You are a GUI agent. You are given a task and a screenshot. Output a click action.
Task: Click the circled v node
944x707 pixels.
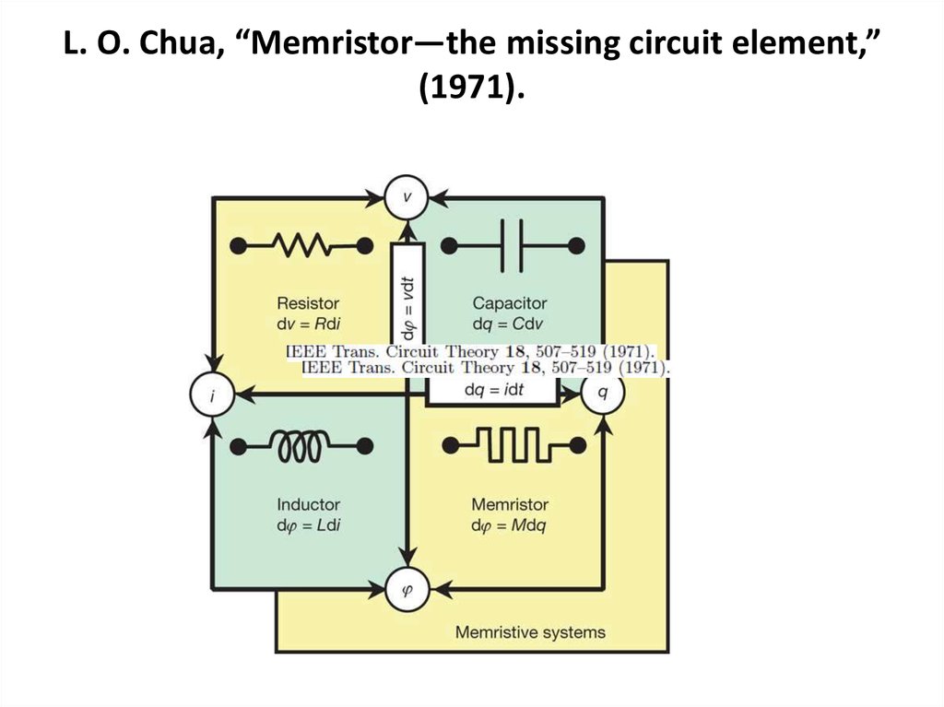pos(406,196)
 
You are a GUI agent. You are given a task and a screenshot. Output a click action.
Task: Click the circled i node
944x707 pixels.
pos(211,395)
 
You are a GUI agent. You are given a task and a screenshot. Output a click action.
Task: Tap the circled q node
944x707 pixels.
pos(603,392)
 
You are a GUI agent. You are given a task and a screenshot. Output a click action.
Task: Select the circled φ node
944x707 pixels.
pos(406,586)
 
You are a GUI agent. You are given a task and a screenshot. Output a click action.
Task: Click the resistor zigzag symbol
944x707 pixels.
pos(301,246)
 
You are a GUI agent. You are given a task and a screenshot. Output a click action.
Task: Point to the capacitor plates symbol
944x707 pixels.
pos(513,246)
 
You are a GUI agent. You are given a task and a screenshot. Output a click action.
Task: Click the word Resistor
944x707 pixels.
pos(308,302)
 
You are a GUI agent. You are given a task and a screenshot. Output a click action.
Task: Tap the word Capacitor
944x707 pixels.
pos(510,302)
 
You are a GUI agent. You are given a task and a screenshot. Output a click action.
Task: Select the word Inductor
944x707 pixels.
pos(308,504)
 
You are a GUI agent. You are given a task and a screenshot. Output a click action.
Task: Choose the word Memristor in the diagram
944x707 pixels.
pos(510,504)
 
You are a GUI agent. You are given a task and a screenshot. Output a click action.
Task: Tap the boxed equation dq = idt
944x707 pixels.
pos(493,390)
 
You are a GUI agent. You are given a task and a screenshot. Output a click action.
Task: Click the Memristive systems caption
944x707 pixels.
pos(530,631)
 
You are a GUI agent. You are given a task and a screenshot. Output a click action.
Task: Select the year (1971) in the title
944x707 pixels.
pos(471,90)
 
